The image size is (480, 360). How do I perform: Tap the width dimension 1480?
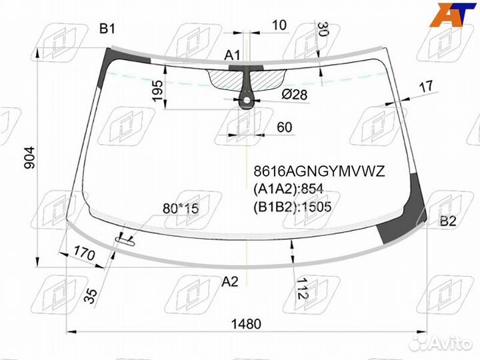[247, 324]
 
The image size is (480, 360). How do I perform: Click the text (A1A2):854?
[287, 189]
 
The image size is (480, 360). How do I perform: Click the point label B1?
[107, 28]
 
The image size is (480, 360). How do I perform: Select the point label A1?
[232, 55]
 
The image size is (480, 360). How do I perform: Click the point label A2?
[229, 282]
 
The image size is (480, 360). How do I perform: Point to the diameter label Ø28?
[294, 95]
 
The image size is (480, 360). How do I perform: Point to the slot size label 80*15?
[180, 209]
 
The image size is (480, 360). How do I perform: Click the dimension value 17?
[427, 85]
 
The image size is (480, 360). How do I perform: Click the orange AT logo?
[452, 15]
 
